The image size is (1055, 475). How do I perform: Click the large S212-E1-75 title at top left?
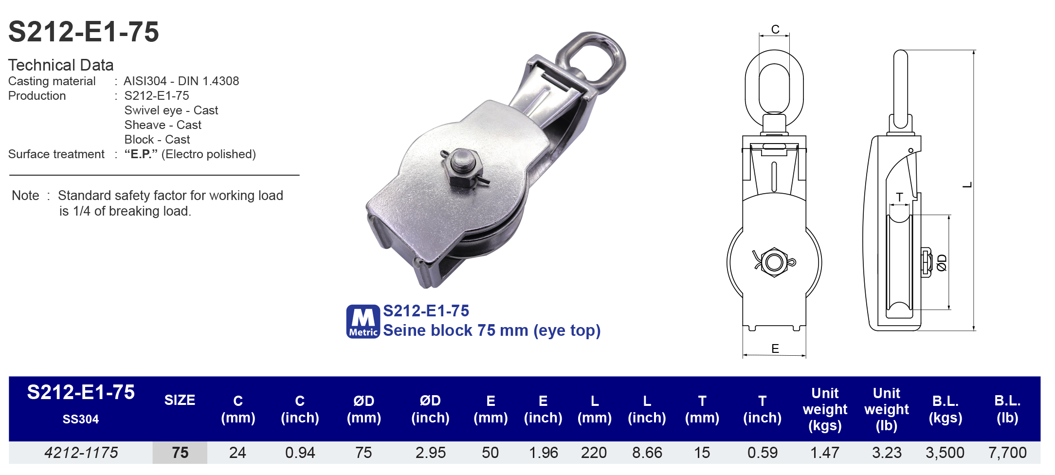click(x=84, y=32)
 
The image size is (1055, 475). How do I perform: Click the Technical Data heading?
click(x=61, y=65)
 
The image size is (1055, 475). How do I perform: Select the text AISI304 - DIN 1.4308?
click(x=181, y=81)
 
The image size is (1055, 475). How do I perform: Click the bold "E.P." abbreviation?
click(x=141, y=154)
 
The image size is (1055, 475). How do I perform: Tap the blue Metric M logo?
click(x=363, y=322)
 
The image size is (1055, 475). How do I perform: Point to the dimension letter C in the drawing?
click(x=775, y=30)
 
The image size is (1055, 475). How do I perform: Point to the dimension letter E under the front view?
click(x=775, y=348)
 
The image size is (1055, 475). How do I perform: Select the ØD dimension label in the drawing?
click(x=942, y=262)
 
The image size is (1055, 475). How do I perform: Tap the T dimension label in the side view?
click(x=899, y=197)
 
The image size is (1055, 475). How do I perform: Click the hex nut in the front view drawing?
click(x=774, y=262)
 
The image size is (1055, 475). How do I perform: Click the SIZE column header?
click(x=180, y=401)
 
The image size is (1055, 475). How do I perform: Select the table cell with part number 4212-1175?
click(x=81, y=453)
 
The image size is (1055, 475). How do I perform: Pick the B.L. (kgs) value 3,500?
click(x=945, y=453)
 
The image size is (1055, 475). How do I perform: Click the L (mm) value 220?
click(x=594, y=453)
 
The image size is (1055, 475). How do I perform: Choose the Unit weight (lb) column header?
click(x=886, y=409)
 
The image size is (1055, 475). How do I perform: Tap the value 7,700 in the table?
click(x=1007, y=453)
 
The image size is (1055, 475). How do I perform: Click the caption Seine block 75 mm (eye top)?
click(x=491, y=330)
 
